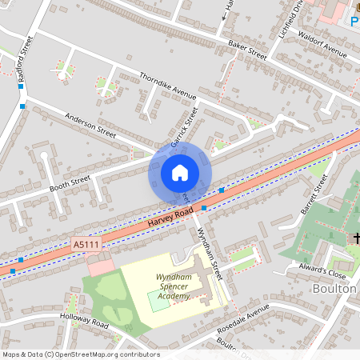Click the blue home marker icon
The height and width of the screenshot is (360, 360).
click(180, 173)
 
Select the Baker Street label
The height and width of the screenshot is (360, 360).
click(246, 50)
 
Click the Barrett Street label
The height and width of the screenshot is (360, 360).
click(314, 193)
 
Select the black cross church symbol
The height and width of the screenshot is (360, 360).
click(354, 238)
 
